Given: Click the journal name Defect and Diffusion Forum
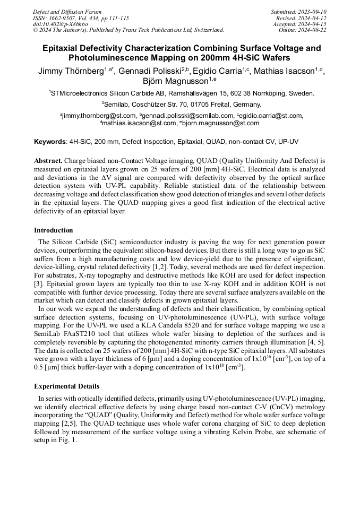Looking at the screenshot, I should [x=67, y=12].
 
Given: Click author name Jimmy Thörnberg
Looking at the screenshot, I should [x=71, y=71].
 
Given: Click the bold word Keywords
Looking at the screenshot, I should [x=50, y=142].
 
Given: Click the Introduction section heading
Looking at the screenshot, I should [x=54, y=230].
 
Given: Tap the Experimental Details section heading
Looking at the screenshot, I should [x=67, y=386].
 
